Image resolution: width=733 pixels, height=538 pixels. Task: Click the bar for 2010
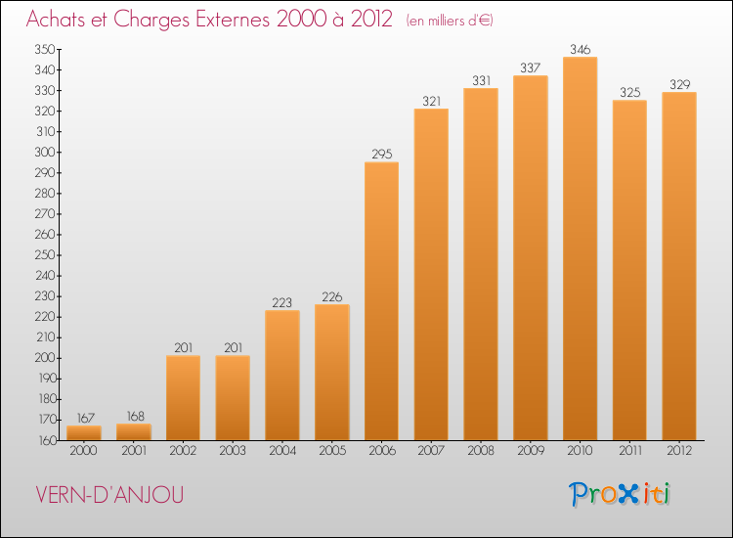click(x=580, y=248)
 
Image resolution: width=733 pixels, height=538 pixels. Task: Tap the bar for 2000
click(x=83, y=432)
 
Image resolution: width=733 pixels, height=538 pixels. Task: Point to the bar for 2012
click(x=679, y=266)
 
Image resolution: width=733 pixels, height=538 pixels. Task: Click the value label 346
click(x=580, y=49)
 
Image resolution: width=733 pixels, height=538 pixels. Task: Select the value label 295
click(x=381, y=154)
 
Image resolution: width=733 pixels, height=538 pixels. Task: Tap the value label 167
click(x=83, y=418)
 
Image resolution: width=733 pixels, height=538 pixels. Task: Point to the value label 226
click(x=331, y=296)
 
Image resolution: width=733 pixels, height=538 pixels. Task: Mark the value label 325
click(x=629, y=92)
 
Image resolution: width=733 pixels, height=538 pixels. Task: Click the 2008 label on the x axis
click(x=480, y=451)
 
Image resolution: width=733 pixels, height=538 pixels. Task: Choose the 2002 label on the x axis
click(x=183, y=451)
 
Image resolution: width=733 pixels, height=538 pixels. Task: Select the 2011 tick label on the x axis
click(x=629, y=451)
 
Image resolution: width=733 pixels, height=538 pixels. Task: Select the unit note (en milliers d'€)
click(x=449, y=21)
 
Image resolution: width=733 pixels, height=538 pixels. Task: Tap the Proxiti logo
click(x=620, y=494)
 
